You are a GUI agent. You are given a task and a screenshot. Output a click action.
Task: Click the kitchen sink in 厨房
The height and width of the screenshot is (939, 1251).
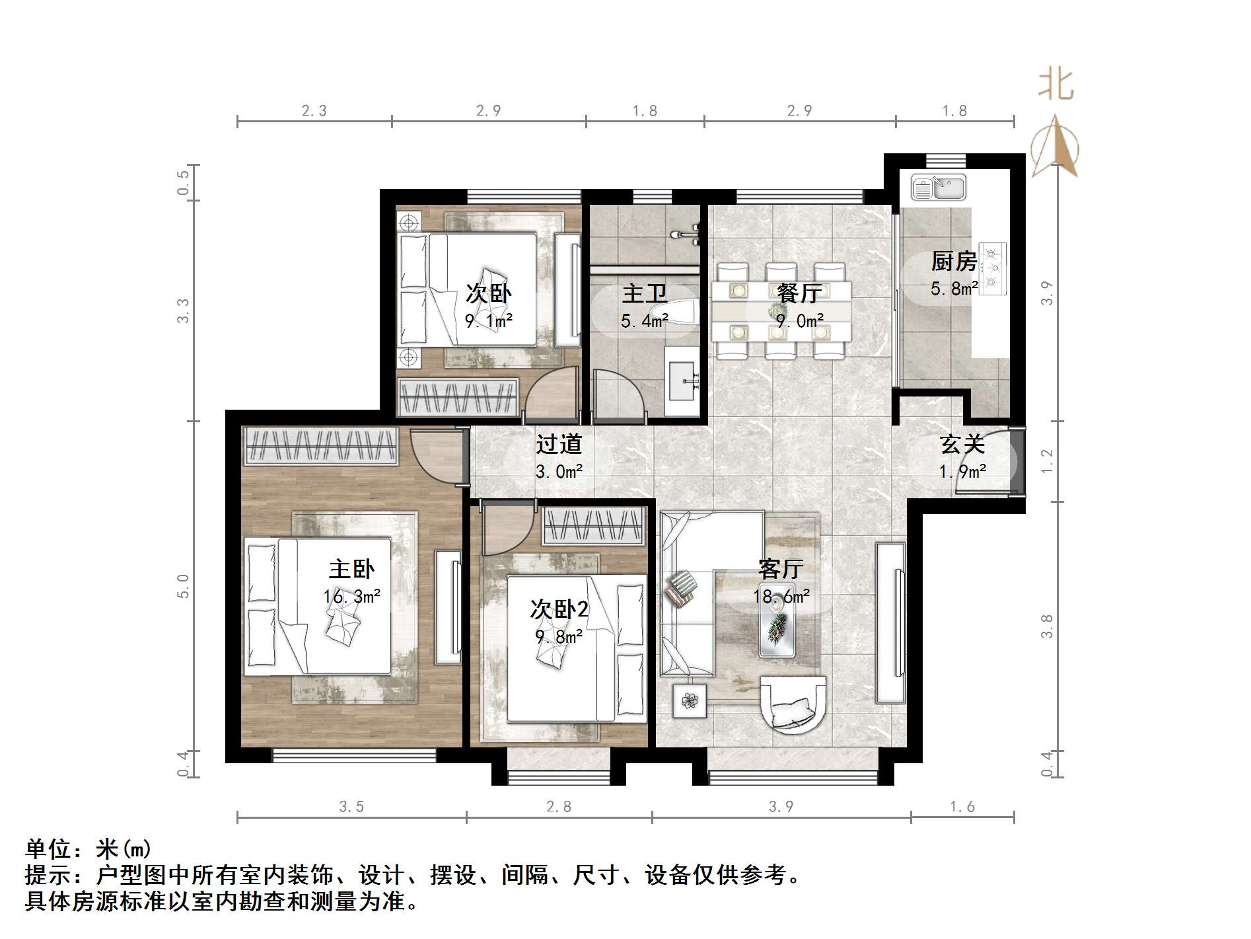point(938,187)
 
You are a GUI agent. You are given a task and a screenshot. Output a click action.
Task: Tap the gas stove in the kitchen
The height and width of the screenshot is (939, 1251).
point(992,268)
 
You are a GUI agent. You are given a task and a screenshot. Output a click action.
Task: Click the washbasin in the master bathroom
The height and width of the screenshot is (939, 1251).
point(681,381)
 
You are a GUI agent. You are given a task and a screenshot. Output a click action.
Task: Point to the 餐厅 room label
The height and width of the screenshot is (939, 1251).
point(799,293)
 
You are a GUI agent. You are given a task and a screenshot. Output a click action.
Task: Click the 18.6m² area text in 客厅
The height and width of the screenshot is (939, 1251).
point(781,597)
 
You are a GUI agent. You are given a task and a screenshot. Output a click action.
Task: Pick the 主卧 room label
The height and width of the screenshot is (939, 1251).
point(351,569)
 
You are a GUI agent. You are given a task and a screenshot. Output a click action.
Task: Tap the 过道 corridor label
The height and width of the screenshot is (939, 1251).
point(558,444)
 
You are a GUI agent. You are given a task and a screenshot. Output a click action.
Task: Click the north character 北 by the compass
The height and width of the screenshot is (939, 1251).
point(1056,85)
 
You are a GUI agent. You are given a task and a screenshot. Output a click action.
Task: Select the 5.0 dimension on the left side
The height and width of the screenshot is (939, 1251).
point(183,586)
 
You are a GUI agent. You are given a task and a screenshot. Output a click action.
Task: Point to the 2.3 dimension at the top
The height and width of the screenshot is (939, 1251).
point(314,111)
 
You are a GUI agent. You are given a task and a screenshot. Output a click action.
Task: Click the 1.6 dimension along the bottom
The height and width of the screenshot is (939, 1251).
point(962,807)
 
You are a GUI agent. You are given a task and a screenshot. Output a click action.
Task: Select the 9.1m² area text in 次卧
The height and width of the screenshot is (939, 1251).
point(489,322)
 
